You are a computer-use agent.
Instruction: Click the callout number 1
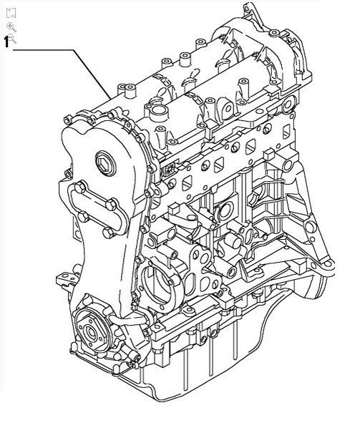(x=8, y=42)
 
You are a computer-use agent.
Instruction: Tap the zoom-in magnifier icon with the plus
(x=11, y=26)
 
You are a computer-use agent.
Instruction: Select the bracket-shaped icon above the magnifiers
(x=11, y=12)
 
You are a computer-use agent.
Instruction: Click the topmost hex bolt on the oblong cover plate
(x=79, y=188)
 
